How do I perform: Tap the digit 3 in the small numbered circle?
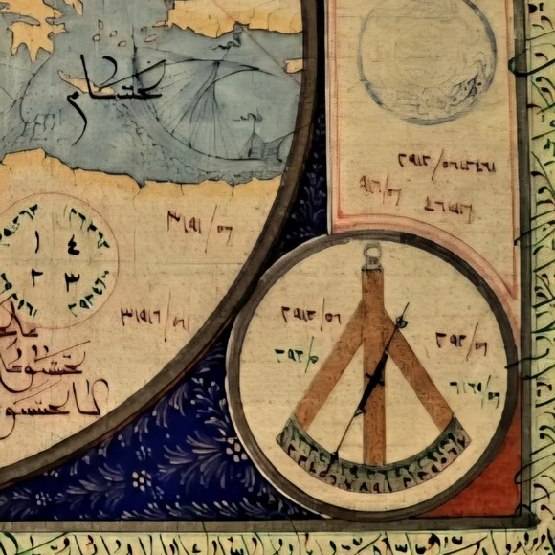(x=72, y=281)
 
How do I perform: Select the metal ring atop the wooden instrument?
(x=372, y=254)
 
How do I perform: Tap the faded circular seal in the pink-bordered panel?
(x=427, y=59)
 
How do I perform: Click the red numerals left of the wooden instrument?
(x=311, y=313)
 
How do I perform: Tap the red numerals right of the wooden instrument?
(x=461, y=339)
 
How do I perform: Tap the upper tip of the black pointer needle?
(x=405, y=308)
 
